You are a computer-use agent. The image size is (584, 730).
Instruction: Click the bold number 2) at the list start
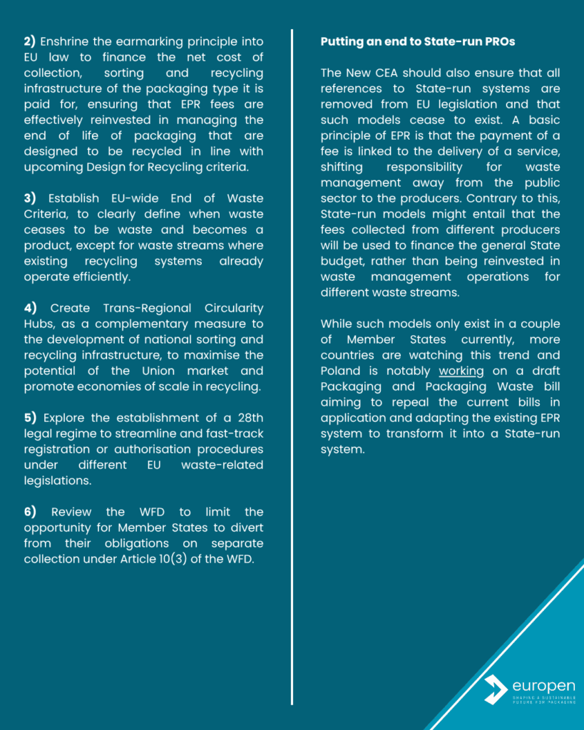pyautogui.click(x=31, y=42)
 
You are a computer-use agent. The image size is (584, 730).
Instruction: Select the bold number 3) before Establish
pyautogui.click(x=31, y=199)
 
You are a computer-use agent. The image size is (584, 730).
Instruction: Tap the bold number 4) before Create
pyautogui.click(x=31, y=308)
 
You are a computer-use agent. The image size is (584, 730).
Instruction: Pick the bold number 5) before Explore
pyautogui.click(x=31, y=418)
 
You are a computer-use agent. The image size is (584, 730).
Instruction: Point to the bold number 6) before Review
pyautogui.click(x=31, y=512)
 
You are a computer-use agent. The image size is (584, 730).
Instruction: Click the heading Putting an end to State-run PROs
pyautogui.click(x=418, y=42)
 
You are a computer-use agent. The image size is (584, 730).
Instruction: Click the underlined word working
pyautogui.click(x=461, y=371)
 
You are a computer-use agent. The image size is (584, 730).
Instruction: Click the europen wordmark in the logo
pyautogui.click(x=543, y=686)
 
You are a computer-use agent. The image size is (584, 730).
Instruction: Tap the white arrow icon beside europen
pyautogui.click(x=495, y=689)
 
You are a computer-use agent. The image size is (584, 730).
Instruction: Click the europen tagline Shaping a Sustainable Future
pyautogui.click(x=543, y=699)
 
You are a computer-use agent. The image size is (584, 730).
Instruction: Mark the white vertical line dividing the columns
pyautogui.click(x=292, y=356)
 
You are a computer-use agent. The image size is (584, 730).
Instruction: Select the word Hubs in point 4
pyautogui.click(x=38, y=324)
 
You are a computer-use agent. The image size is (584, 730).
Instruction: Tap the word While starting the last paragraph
pyautogui.click(x=337, y=324)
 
